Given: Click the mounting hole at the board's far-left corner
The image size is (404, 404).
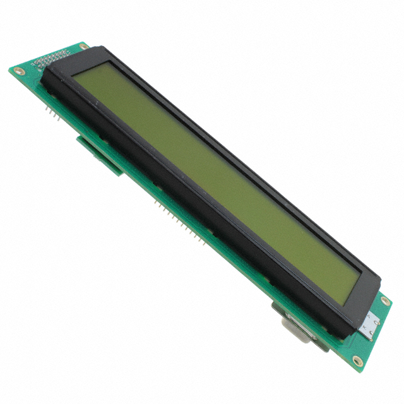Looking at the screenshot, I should pyautogui.click(x=17, y=71).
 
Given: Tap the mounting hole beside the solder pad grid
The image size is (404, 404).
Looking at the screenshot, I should pyautogui.click(x=81, y=47).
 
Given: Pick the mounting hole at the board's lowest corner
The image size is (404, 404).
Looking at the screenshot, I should pyautogui.click(x=358, y=362).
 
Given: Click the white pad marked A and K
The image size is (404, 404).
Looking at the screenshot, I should pyautogui.click(x=370, y=324).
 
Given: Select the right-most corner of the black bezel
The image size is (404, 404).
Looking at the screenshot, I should pyautogui.click(x=381, y=282).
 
